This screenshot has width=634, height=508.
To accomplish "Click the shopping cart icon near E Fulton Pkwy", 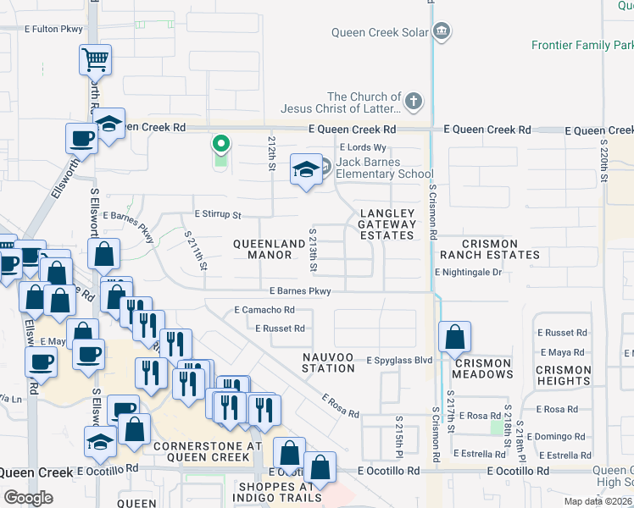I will [x=95, y=59].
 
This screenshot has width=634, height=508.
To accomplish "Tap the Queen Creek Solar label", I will [x=385, y=33].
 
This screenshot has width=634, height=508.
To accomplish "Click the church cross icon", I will [x=414, y=102].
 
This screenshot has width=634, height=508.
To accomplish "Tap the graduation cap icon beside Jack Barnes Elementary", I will [x=305, y=169].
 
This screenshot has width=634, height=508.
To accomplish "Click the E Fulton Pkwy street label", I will [x=54, y=29].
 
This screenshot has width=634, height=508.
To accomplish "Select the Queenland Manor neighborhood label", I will [x=269, y=249].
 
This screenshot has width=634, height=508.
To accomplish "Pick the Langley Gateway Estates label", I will [x=387, y=224].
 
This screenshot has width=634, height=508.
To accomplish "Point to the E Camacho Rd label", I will [x=264, y=310].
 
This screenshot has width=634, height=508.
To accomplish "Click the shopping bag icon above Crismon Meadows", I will [x=455, y=337].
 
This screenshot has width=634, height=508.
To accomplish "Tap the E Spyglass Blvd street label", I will [x=399, y=360].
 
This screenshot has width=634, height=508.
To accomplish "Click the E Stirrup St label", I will [x=218, y=215].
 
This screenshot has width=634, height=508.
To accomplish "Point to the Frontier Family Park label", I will [x=582, y=45].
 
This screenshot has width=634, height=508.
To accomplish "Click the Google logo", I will [x=28, y=498].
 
